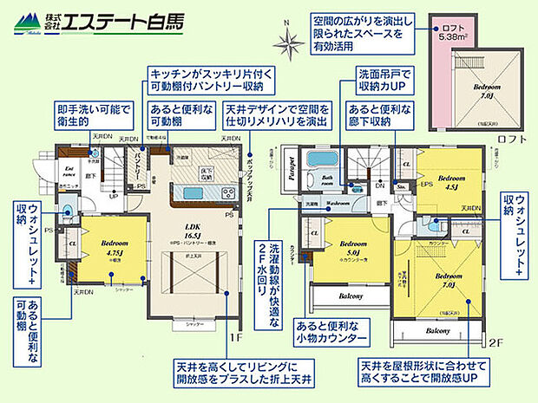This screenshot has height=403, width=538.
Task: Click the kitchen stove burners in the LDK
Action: pos(228,192)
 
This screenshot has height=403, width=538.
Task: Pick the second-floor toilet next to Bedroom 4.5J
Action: pos(403,185)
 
